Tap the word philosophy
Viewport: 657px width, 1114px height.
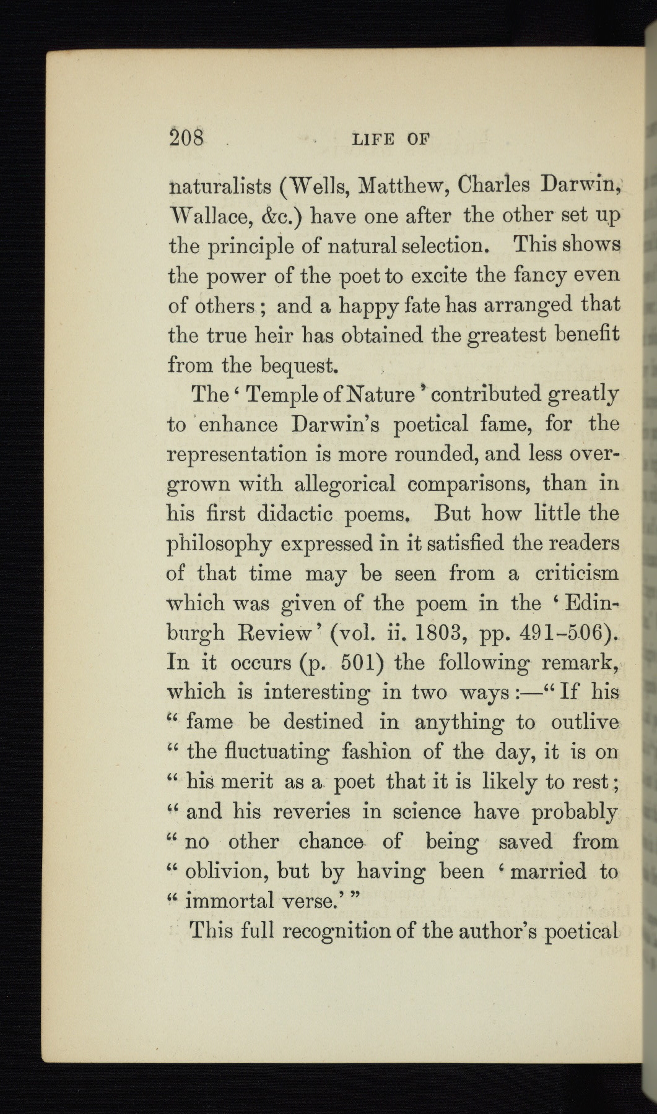pos(220,545)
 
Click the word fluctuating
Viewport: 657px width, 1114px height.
pos(258,753)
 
